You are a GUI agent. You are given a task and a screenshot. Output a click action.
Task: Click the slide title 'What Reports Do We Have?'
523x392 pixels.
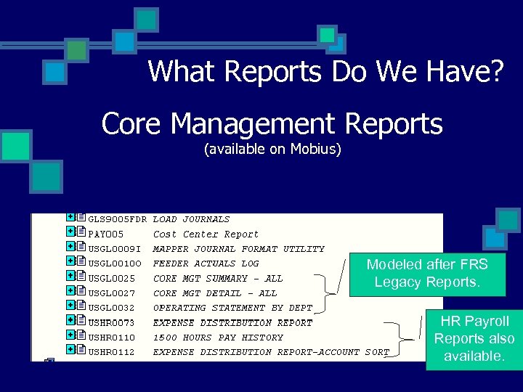tap(325, 72)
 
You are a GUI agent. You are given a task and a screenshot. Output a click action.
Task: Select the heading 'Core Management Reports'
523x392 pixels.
tap(272, 124)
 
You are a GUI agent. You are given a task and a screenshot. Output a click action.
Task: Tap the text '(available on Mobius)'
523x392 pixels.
tap(272, 150)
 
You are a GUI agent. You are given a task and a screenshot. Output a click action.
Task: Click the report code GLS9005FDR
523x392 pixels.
tap(118, 219)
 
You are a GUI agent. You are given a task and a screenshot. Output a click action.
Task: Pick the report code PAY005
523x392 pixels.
tap(106, 234)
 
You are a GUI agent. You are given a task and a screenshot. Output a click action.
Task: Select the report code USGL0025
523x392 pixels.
tap(111, 279)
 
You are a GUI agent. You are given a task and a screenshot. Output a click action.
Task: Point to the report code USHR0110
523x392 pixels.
tap(111, 338)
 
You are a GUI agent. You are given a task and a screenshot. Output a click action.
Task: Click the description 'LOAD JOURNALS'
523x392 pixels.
tap(191, 219)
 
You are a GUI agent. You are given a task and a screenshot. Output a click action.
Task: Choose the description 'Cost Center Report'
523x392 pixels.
tap(206, 234)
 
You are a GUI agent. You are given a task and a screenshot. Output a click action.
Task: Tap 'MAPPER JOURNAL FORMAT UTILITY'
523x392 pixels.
tap(238, 249)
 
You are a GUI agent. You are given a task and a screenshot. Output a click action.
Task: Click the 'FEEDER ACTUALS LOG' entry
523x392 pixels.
tap(206, 264)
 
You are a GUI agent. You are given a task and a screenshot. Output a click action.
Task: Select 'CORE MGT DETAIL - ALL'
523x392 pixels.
tap(215, 293)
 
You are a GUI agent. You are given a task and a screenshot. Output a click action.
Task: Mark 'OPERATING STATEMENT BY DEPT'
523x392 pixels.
tap(232, 308)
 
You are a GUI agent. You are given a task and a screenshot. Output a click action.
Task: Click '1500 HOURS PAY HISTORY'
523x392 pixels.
tap(218, 338)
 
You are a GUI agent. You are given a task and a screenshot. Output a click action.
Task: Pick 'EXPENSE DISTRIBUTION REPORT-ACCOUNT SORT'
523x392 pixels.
tap(271, 352)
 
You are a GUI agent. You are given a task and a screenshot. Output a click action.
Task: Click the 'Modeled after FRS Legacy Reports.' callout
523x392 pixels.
tap(426, 273)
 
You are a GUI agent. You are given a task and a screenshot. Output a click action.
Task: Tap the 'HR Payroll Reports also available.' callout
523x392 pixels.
tap(474, 338)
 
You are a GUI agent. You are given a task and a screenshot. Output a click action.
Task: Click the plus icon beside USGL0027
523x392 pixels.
tap(70, 291)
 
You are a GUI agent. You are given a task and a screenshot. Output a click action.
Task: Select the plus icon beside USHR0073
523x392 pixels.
tap(70, 320)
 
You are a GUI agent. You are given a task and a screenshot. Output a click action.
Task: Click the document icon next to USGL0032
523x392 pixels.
tap(81, 306)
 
